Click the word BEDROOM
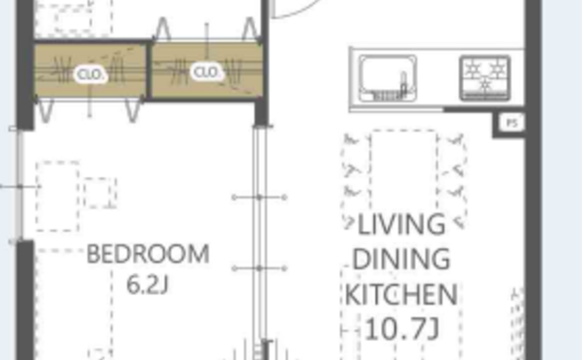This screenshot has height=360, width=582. pos(148,254)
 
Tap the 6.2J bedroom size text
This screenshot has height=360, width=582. pos(147,285)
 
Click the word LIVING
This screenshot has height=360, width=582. pos(402,224)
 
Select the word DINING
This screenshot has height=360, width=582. pos(401,259)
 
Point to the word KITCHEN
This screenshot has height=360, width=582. pos(401,294)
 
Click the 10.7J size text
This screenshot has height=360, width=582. pos(402,329)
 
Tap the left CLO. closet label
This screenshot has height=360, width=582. pos(90,75)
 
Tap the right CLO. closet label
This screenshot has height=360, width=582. pos(206,72)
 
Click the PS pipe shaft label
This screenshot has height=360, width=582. pos(512,123)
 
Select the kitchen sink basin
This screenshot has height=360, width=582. pos(388,78)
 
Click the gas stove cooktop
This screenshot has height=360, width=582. pos(485,78)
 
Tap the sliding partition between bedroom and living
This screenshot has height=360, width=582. pos(260,238)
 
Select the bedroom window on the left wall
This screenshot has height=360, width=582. pos(17,185)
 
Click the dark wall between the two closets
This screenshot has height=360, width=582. pos(149,71)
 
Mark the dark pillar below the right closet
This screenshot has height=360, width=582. pos(261,113)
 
